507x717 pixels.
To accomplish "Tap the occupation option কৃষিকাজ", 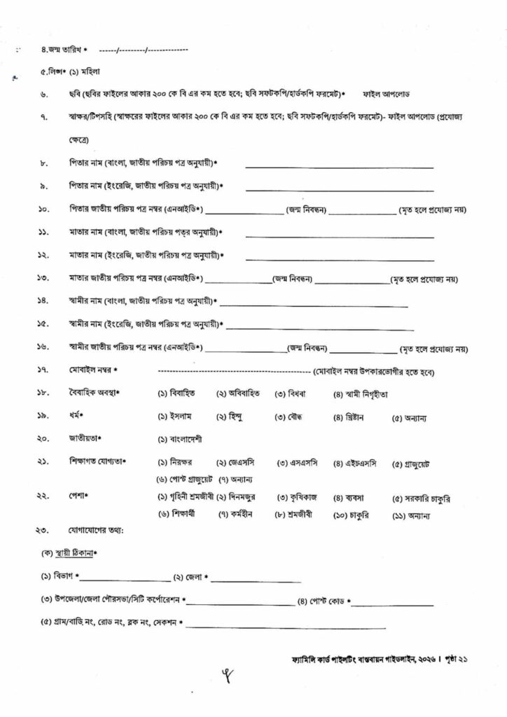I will pyautogui.click(x=303, y=498).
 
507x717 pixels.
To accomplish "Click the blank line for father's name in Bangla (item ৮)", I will pyautogui.click(x=339, y=167).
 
